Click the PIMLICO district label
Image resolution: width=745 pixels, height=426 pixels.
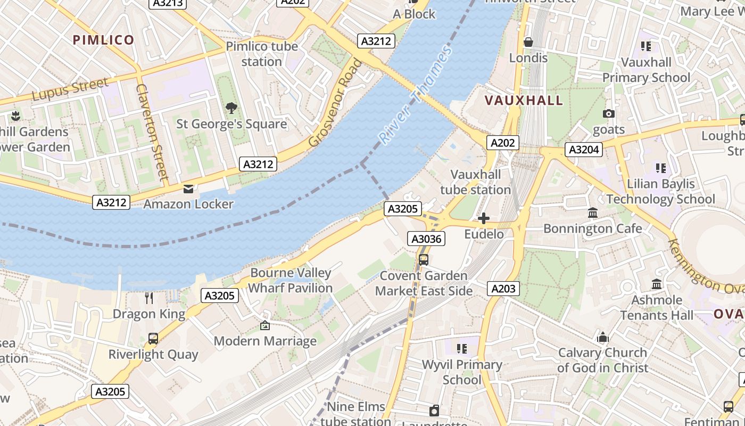(103, 40)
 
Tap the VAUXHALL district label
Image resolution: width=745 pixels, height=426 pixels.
(524, 101)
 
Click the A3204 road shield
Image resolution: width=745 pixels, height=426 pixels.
(584, 150)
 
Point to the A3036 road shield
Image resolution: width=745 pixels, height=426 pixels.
(425, 239)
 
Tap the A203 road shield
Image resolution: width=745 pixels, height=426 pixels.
(503, 289)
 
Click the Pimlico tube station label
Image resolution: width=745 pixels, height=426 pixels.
(261, 54)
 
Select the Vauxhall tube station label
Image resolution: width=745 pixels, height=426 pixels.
(475, 182)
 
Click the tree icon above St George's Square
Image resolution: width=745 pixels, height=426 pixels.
(231, 108)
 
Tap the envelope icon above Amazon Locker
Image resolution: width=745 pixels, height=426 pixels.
(188, 189)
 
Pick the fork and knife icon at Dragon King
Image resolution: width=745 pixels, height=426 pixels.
(149, 298)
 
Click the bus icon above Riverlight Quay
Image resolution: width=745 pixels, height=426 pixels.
(153, 339)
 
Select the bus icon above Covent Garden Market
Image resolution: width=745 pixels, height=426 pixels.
(424, 260)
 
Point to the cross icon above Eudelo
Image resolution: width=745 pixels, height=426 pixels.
(484, 218)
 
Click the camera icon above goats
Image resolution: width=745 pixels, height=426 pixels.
(609, 114)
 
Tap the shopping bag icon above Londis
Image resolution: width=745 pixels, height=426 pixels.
(528, 42)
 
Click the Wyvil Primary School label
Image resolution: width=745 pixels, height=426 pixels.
(461, 372)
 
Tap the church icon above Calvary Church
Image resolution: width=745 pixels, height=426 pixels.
(602, 337)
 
